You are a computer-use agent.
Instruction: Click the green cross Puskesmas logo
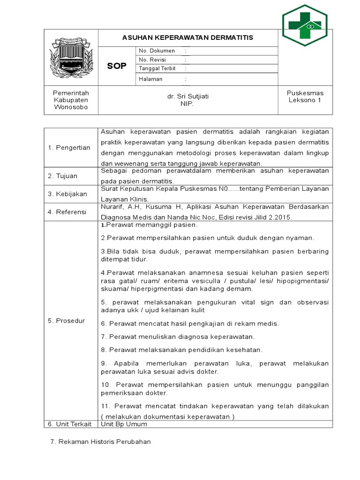[305, 25]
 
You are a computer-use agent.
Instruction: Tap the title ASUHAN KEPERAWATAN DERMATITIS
[187, 37]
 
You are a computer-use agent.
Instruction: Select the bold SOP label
[117, 66]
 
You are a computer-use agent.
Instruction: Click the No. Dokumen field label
[157, 51]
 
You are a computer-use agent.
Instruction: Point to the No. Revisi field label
[152, 60]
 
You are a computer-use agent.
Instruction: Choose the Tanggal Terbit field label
[157, 68]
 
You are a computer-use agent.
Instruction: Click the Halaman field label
[150, 79]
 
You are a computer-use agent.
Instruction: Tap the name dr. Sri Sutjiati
[187, 96]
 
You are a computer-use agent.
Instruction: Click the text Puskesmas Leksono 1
[305, 97]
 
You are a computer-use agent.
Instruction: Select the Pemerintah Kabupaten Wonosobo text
[71, 100]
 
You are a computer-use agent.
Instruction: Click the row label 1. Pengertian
[69, 148]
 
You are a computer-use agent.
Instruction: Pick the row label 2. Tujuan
[62, 176]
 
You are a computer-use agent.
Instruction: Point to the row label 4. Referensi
[67, 212]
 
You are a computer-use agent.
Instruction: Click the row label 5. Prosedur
[66, 321]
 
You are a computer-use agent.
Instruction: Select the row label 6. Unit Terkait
[69, 424]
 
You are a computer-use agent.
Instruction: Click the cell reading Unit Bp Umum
[124, 424]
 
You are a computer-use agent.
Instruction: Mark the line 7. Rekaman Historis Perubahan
[100, 442]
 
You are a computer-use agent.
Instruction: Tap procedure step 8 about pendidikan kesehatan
[182, 350]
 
